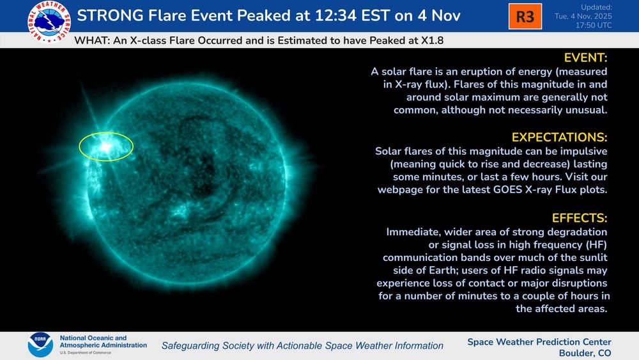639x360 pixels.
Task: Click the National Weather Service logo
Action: click(x=49, y=22)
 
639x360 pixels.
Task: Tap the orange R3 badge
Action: click(x=525, y=17)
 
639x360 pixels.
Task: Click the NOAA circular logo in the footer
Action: click(x=40, y=345)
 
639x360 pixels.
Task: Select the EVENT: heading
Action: click(x=585, y=58)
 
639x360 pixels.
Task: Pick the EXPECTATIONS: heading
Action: click(x=559, y=137)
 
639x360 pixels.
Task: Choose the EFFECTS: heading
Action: click(x=579, y=218)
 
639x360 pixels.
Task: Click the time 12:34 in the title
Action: click(x=335, y=16)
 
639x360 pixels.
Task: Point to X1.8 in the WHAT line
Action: click(x=431, y=41)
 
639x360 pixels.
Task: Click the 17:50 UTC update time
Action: click(x=594, y=26)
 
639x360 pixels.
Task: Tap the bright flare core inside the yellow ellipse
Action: click(x=105, y=147)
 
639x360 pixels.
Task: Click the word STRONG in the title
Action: click(x=110, y=16)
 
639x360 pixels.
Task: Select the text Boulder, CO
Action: click(x=585, y=353)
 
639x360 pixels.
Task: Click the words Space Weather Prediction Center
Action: click(x=539, y=341)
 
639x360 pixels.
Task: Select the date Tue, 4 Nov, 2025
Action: click(x=583, y=17)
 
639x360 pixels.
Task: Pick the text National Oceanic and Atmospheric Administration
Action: click(x=103, y=341)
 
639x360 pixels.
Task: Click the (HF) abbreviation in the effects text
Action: click(x=597, y=245)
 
